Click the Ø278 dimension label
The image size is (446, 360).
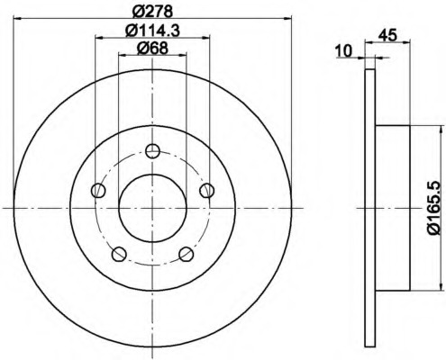click(152, 11)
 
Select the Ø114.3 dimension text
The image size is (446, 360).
click(152, 30)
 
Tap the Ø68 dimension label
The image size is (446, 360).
click(152, 48)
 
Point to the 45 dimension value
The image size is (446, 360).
click(387, 35)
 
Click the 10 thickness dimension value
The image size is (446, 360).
click(343, 51)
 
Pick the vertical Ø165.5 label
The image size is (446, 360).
click(434, 208)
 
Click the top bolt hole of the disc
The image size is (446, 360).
click(152, 151)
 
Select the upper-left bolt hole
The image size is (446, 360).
click(98, 190)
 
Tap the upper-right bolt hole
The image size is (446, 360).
click(207, 190)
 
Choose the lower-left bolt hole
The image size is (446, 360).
click(119, 254)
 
